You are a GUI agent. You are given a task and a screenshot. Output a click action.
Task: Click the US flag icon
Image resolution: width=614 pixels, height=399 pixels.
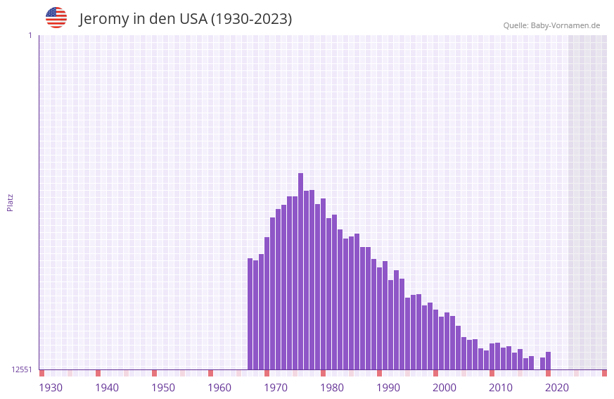(56, 18)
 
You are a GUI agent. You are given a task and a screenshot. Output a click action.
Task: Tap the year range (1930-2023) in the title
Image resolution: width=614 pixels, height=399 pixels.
(251, 19)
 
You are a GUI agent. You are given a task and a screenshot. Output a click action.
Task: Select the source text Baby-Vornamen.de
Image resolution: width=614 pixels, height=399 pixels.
(565, 25)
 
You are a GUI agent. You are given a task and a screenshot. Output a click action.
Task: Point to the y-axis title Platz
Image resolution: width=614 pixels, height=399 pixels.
(10, 202)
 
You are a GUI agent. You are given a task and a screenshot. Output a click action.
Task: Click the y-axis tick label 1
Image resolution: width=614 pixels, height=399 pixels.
(30, 35)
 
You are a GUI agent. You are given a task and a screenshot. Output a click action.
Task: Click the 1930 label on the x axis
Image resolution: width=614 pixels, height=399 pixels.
(51, 388)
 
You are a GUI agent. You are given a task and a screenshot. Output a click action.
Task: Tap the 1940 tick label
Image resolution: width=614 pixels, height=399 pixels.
(107, 388)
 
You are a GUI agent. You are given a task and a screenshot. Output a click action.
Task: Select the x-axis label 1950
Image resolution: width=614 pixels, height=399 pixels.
(163, 388)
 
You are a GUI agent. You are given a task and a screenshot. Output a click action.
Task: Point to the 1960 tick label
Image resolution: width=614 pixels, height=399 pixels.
(219, 388)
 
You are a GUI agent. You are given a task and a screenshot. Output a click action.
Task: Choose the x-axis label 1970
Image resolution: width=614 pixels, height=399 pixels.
(276, 388)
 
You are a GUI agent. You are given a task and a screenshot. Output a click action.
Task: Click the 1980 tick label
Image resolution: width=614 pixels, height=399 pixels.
(332, 388)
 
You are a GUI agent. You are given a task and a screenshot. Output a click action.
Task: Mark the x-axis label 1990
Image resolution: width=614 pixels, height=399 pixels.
(388, 388)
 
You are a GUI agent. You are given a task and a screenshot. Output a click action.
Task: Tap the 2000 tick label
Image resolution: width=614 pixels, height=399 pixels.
(444, 388)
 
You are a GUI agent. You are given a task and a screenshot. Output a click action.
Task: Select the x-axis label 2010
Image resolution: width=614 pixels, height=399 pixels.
(501, 388)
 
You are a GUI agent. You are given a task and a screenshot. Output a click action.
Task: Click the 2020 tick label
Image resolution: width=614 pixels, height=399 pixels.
(557, 388)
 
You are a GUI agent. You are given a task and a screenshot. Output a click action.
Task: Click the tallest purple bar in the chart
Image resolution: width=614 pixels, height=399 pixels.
(300, 271)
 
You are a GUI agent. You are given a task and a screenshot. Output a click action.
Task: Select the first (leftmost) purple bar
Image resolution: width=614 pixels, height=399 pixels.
(250, 314)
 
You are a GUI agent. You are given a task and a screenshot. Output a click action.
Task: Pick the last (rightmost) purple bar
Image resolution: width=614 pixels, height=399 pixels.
(548, 361)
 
